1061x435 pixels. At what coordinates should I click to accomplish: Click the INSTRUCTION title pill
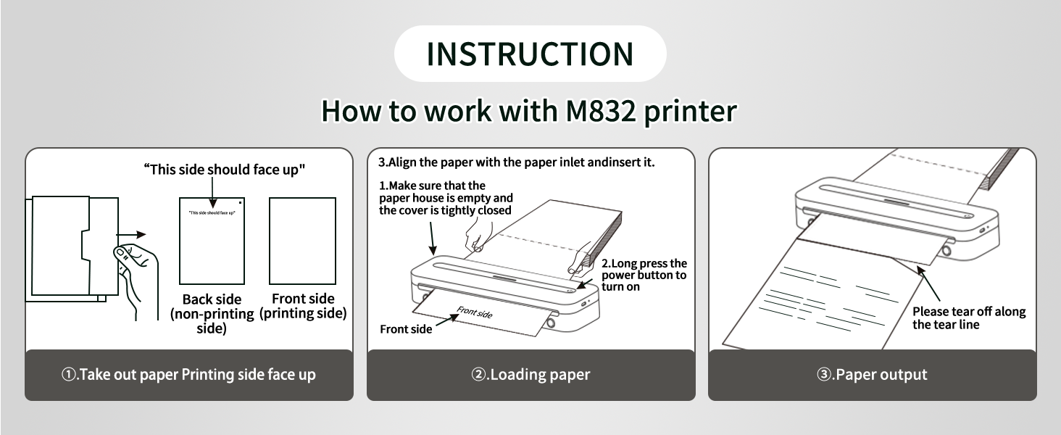click(x=530, y=54)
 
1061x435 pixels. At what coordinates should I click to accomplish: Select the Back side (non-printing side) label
click(x=212, y=313)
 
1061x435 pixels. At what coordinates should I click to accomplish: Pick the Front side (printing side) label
click(x=303, y=306)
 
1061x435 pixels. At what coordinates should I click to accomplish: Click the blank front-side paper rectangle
click(x=302, y=241)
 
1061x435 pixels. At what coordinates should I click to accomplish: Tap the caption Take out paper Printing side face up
click(x=189, y=375)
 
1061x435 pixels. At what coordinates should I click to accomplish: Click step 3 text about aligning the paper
click(x=517, y=162)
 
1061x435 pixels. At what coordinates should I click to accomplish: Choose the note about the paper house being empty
click(x=445, y=198)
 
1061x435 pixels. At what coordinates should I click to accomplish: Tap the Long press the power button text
click(x=644, y=275)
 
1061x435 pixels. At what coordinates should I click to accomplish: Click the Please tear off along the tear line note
click(x=968, y=318)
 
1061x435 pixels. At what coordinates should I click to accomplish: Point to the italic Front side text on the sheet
click(x=474, y=312)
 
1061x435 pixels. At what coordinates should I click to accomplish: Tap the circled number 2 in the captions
click(x=478, y=376)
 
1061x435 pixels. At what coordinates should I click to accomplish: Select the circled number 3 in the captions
click(x=823, y=376)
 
